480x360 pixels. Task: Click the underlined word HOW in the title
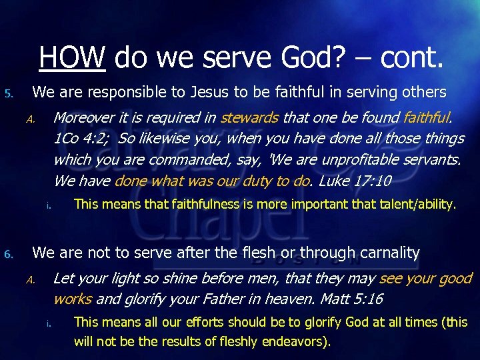72,58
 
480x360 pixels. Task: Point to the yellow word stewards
249,118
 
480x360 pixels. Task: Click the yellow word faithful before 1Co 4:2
427,118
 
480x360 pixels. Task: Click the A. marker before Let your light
30,280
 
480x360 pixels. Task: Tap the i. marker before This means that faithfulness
49,205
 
